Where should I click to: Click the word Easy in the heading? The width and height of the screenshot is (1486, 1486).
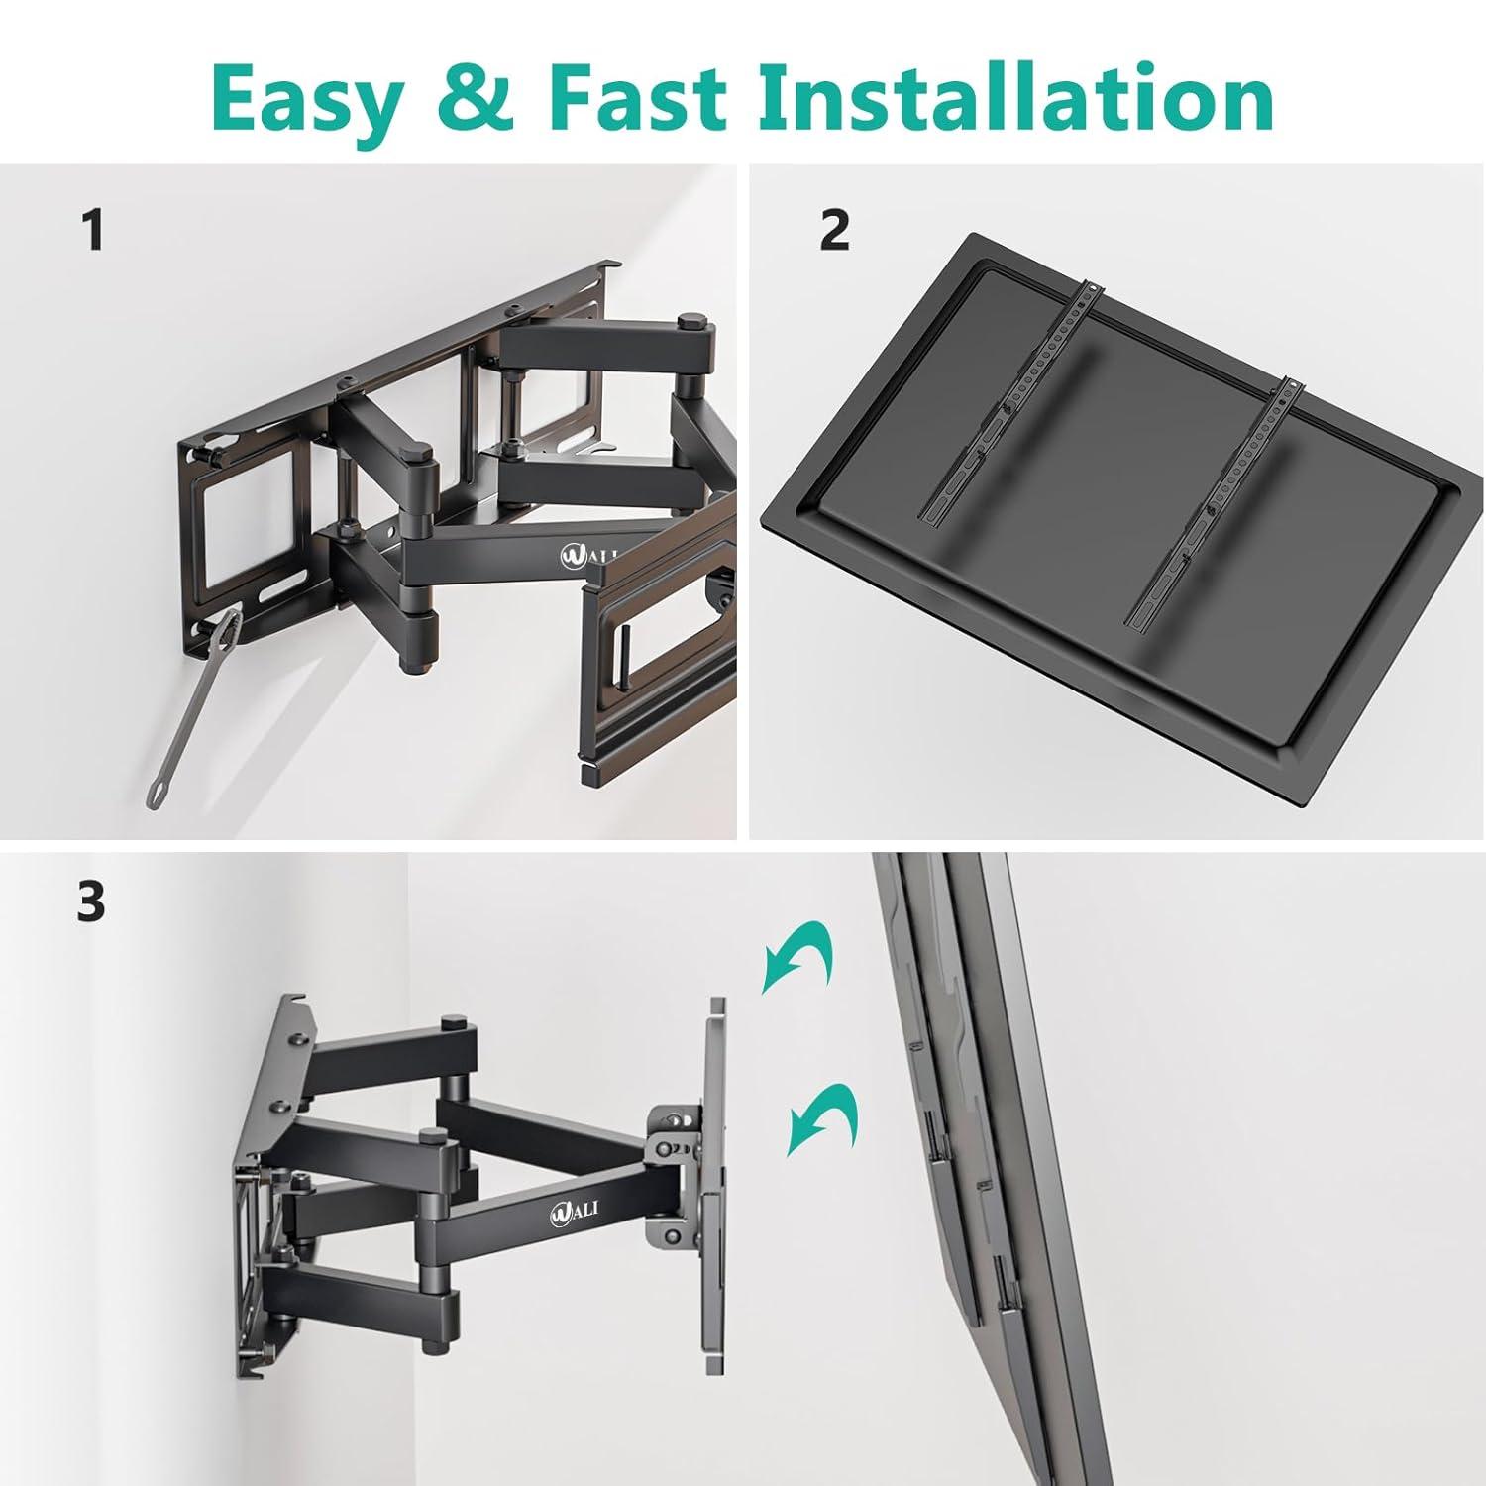[x=307, y=99]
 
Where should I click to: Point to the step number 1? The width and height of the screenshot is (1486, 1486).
[x=93, y=231]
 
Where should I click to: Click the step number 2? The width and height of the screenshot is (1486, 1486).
[x=834, y=231]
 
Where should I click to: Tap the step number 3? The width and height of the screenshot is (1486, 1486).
[x=91, y=902]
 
